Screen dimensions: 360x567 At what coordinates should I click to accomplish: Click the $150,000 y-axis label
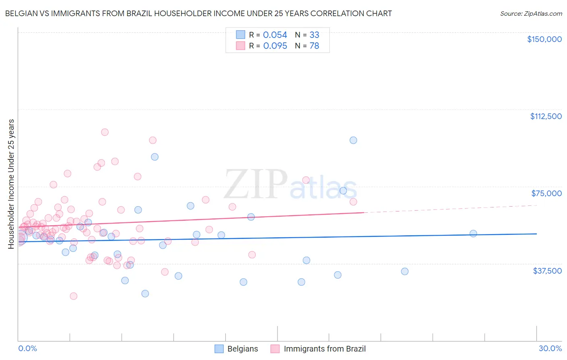tap(544, 39)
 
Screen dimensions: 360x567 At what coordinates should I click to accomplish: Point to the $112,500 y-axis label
tap(546, 116)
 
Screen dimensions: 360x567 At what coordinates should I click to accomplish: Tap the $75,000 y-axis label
tap(546, 193)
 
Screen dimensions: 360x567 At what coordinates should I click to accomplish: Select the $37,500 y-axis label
tap(547, 271)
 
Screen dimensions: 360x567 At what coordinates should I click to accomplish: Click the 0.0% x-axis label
tap(27, 348)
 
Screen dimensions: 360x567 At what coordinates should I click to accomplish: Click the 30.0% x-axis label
tap(550, 348)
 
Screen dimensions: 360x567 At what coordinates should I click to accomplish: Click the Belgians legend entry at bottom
tap(242, 349)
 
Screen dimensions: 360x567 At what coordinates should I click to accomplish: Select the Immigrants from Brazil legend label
tap(325, 349)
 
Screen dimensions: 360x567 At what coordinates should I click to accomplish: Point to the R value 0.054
tap(275, 35)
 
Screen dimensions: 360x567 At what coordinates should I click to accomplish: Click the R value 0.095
tap(275, 46)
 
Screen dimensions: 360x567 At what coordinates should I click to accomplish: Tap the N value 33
tap(314, 35)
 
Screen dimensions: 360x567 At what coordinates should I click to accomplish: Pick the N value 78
tap(314, 46)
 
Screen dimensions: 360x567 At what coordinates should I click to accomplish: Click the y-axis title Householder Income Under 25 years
tap(11, 184)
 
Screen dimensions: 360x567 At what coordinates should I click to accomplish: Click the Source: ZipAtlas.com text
tap(531, 14)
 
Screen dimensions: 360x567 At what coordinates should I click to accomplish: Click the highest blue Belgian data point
tap(353, 140)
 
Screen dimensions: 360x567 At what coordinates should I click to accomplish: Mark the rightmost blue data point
tap(473, 234)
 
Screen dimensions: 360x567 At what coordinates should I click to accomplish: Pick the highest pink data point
tap(105, 132)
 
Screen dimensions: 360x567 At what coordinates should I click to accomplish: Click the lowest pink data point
tap(73, 296)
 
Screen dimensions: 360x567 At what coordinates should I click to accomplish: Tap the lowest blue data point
tap(145, 293)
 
